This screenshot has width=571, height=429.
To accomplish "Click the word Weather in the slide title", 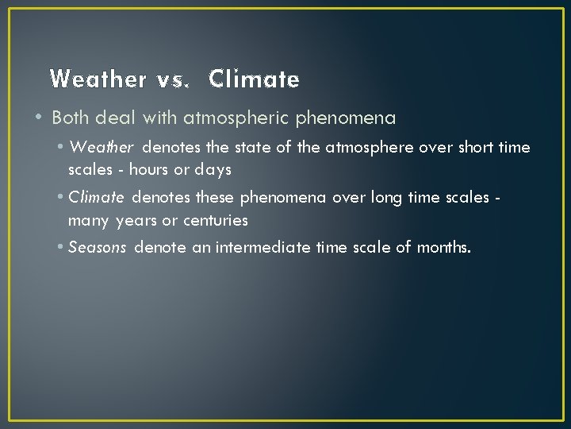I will pos(98,79).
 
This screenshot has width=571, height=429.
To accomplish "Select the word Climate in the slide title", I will pos(255,79).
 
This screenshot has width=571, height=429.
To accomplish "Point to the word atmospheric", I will pos(237,118).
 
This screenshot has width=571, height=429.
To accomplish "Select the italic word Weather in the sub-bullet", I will pos(103,148).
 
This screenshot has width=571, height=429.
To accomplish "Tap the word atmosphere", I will pos(369,148).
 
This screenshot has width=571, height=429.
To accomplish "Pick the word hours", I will pos(149,170).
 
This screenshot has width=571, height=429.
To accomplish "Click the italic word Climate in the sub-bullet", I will pos(96,197).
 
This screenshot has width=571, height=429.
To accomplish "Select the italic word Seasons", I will pos(98,247).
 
